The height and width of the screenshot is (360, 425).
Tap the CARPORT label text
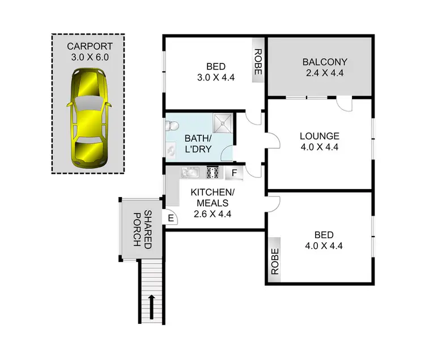tap(89, 46)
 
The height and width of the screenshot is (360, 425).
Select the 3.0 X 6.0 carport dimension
tap(89, 57)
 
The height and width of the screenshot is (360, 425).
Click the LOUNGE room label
tap(320, 136)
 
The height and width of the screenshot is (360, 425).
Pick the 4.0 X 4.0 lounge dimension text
tap(320, 147)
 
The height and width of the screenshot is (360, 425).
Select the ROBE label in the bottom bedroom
tap(275, 262)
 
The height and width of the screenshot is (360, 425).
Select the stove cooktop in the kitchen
tap(213, 172)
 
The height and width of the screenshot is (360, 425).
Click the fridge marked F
tap(233, 173)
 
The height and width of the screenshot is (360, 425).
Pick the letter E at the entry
tap(169, 217)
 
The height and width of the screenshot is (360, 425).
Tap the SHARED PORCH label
tap(139, 228)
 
